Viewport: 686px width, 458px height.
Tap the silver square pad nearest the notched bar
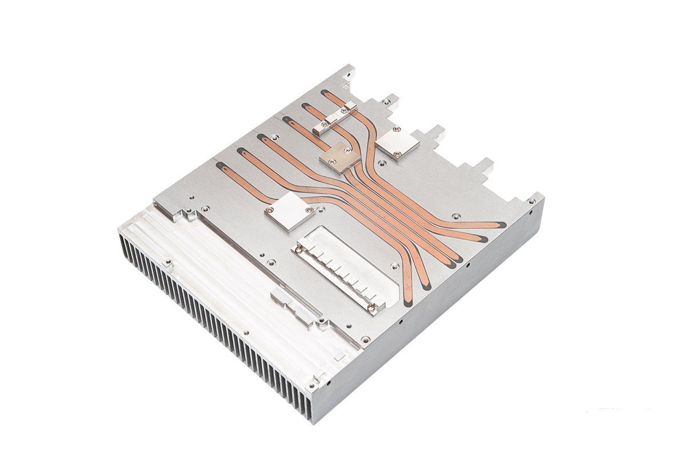[289, 211]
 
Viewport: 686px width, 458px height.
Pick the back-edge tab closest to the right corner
[484, 167]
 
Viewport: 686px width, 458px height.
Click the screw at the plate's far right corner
[533, 201]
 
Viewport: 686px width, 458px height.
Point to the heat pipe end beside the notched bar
[426, 284]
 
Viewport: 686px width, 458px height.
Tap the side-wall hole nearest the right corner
[531, 213]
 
